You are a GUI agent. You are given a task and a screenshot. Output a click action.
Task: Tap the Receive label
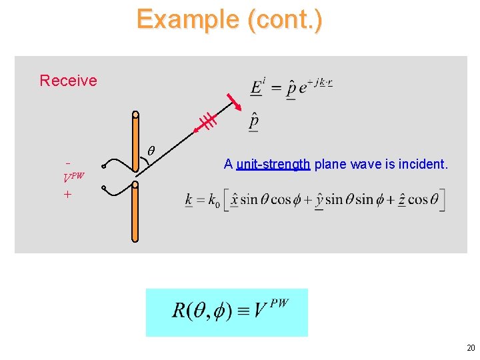pos(68,81)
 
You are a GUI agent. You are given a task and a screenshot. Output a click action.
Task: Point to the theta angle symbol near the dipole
pos(151,153)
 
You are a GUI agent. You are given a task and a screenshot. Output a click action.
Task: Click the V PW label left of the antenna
pos(73,178)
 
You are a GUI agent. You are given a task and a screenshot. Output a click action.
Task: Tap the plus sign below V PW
pos(67,194)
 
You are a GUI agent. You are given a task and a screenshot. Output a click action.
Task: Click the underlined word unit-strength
pos(273,164)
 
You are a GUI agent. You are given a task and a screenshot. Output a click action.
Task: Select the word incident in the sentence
pos(425,164)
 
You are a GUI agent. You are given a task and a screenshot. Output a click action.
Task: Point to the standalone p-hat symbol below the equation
pos(253,123)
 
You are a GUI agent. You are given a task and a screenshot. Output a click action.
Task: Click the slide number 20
pos(471,348)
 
